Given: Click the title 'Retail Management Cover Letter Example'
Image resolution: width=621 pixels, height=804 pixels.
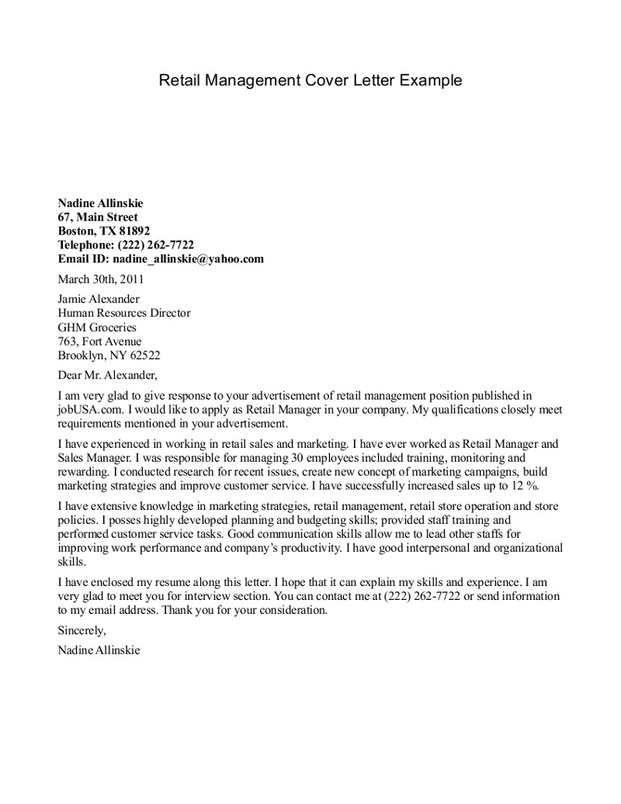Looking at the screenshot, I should click(x=310, y=81).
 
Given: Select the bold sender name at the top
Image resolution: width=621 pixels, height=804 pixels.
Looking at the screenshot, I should click(x=100, y=203).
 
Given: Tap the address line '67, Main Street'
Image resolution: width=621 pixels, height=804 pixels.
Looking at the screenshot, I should click(x=98, y=217).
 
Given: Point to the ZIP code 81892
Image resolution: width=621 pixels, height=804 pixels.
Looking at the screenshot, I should click(x=135, y=231).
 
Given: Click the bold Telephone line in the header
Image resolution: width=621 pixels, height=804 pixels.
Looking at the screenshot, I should click(x=126, y=245).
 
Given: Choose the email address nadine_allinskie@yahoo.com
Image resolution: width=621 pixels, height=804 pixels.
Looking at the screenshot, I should click(x=189, y=259).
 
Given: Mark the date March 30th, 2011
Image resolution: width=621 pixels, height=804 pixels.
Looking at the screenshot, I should click(x=101, y=279).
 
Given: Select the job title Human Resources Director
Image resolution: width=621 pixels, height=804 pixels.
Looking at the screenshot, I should click(x=124, y=314).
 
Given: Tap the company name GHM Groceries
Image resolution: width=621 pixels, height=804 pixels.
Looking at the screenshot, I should click(x=97, y=327).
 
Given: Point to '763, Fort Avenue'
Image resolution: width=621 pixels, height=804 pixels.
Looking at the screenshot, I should click(x=100, y=341).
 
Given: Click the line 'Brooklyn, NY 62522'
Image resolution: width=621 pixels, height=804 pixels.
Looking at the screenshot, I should click(x=109, y=355).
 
